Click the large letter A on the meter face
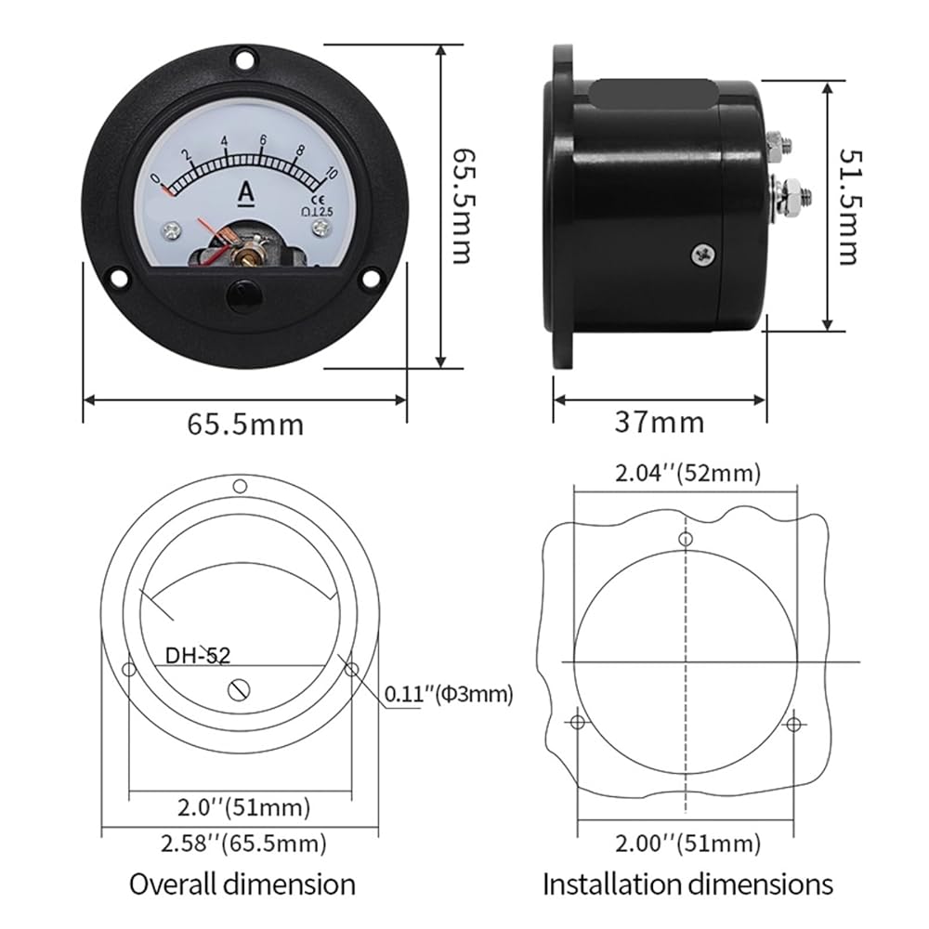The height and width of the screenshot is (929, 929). pyautogui.click(x=246, y=193)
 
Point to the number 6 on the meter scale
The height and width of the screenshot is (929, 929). pyautogui.click(x=263, y=140)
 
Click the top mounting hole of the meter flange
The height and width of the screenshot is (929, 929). pyautogui.click(x=243, y=59)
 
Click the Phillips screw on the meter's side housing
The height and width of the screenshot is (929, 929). pyautogui.click(x=703, y=255)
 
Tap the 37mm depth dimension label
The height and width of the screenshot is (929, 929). pyautogui.click(x=660, y=423)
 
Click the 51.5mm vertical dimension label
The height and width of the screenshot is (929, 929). pyautogui.click(x=850, y=206)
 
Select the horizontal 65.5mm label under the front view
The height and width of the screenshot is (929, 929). pyautogui.click(x=245, y=425)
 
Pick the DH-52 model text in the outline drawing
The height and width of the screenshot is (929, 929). pyautogui.click(x=197, y=655)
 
